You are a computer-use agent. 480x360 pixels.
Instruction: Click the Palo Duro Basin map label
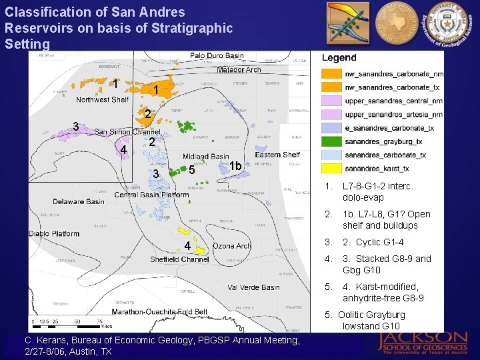pos(217,56)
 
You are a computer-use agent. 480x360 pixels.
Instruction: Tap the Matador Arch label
pos(239,69)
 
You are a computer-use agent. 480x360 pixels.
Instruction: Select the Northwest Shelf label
pos(102,100)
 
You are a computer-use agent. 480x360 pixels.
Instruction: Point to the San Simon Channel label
pos(127,132)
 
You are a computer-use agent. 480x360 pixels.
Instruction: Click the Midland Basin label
pos(206,157)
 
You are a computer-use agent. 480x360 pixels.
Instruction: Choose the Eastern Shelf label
pos(277,155)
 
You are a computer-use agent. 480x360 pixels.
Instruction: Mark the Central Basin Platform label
pos(151,195)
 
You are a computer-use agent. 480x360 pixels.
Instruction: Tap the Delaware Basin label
pos(79,201)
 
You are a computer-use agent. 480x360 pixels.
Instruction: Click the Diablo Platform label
pos(55,234)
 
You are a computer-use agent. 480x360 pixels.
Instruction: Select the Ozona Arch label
pos(232,246)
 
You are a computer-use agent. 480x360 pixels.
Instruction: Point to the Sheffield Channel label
pos(179,259)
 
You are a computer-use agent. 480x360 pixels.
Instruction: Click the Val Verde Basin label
pos(253,287)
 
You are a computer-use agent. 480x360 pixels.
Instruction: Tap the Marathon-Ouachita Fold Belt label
pos(159,312)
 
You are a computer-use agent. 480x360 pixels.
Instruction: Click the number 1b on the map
pos(235,165)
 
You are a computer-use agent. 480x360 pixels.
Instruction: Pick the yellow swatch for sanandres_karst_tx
pos(331,169)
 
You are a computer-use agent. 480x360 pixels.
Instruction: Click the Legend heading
pos(339,58)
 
